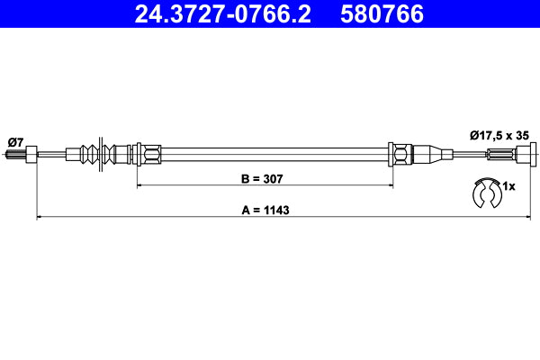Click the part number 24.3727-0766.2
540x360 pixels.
222,14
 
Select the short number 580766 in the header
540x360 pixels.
381,14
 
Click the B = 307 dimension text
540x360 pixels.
262,179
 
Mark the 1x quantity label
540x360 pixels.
508,186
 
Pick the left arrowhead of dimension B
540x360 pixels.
140,185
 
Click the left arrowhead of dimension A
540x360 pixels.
40,217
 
